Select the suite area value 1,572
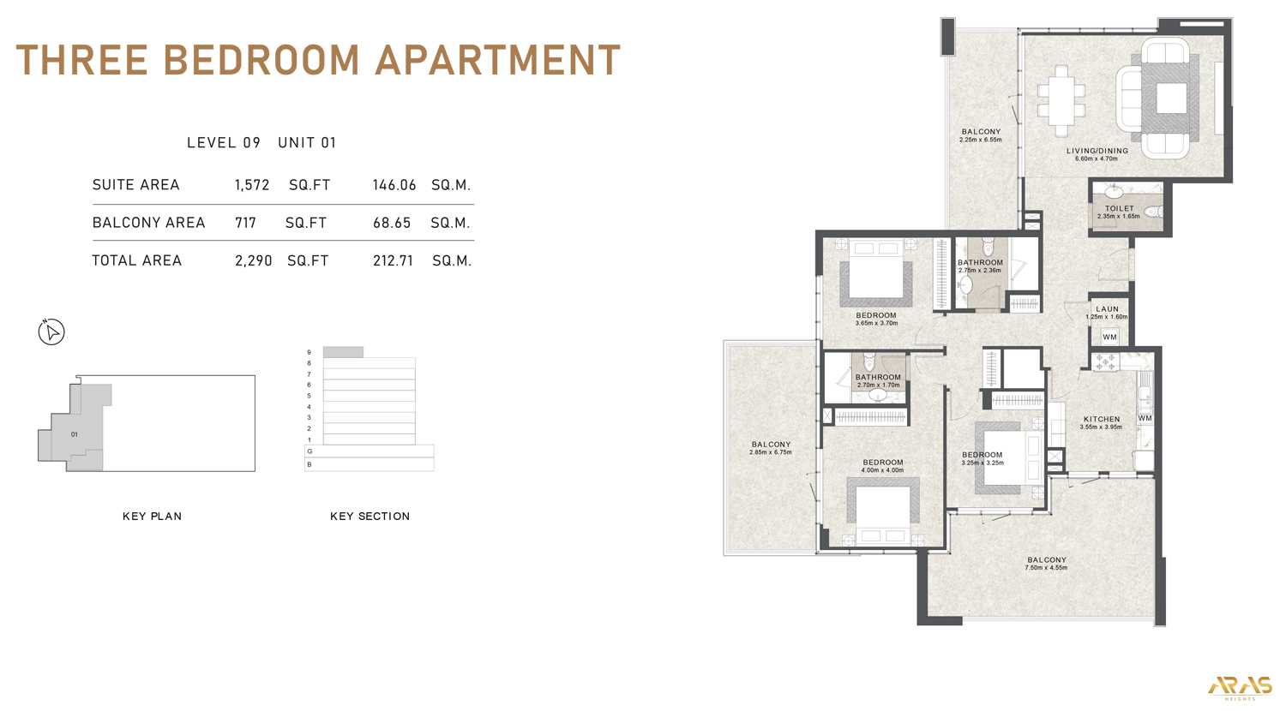(252, 185)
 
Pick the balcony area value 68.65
(392, 223)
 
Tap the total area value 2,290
(253, 260)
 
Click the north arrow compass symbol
(51, 332)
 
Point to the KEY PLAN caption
(152, 517)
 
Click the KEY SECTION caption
(370, 517)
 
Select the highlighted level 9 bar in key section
(343, 352)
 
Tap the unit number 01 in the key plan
(75, 434)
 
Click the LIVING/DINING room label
(1097, 151)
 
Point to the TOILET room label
(1119, 208)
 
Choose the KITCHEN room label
(1101, 419)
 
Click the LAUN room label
(1107, 309)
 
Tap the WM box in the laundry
(1109, 337)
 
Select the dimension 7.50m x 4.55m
(1046, 568)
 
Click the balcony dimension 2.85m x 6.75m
(770, 452)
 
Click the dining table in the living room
(1061, 100)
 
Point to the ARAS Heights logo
(1240, 686)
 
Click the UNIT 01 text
(307, 142)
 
